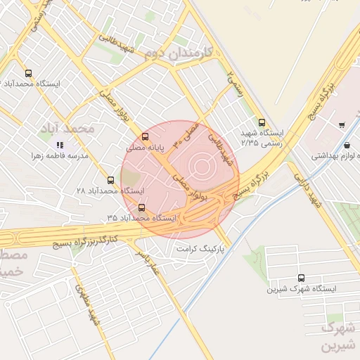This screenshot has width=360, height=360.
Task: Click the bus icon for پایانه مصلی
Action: point(145,136)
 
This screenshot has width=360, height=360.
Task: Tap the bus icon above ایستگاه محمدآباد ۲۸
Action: point(110,180)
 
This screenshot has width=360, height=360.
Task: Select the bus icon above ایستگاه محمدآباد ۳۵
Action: point(143,207)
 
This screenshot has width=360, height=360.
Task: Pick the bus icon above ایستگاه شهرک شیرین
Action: point(302,278)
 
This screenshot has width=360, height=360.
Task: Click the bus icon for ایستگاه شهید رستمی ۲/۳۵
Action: point(262,122)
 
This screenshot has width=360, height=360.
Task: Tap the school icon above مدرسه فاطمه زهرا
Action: point(60,145)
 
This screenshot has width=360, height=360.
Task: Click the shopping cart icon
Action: point(341,125)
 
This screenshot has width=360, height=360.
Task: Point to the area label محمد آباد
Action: point(77,129)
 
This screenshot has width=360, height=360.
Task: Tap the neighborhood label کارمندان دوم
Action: point(172,53)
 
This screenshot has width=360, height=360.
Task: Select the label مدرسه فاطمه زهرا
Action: point(59,155)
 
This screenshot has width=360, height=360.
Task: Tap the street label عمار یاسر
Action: point(153,261)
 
